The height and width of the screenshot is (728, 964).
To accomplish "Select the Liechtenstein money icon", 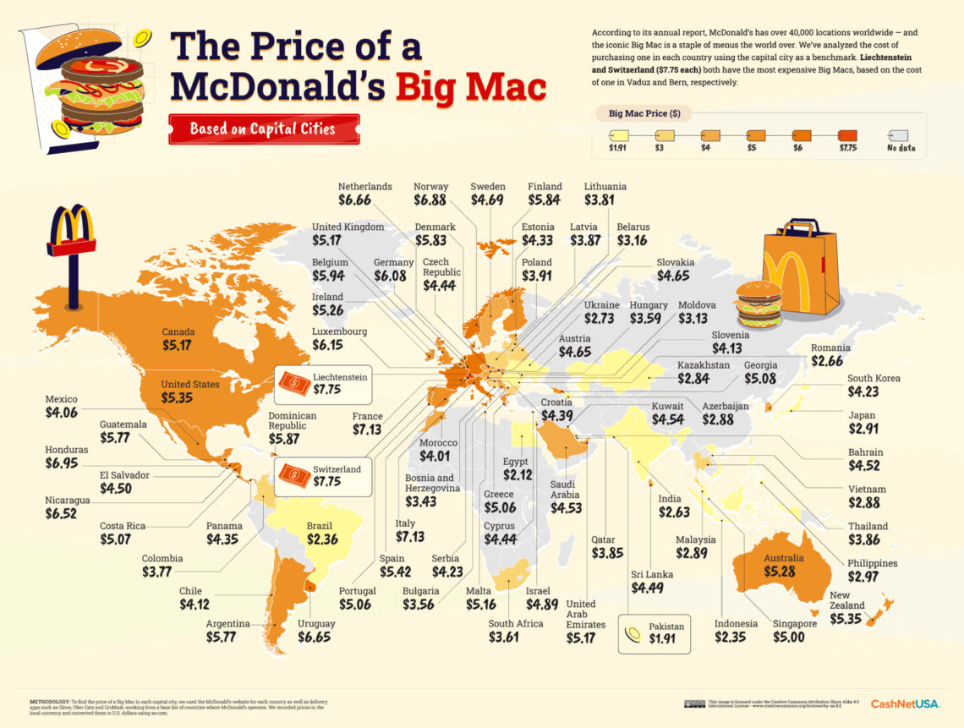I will pyautogui.click(x=294, y=385).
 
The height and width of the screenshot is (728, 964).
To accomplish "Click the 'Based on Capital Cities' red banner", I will pyautogui.click(x=263, y=129).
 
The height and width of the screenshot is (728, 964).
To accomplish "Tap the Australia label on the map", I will pyautogui.click(x=783, y=559).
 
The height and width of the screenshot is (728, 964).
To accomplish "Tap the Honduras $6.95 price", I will pyautogui.click(x=67, y=465).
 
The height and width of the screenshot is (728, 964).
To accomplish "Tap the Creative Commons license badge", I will pyautogui.click(x=695, y=703).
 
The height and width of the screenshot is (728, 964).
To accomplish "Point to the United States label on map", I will pyautogui.click(x=190, y=384).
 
